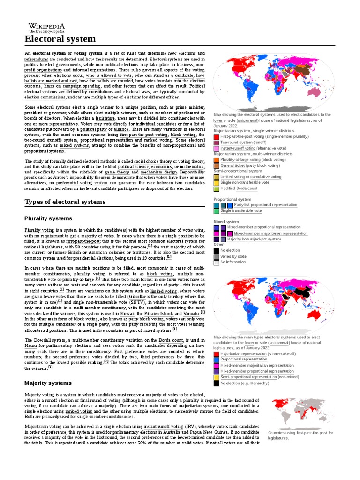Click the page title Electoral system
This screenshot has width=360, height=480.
pos(60,39)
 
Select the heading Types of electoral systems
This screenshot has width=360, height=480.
pos(65,202)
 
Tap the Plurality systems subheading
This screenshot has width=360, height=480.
pos(48,219)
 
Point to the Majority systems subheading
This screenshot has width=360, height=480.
pos(48,383)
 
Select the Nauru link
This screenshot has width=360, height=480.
pos(32,345)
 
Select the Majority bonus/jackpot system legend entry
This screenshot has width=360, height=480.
pos(254,239)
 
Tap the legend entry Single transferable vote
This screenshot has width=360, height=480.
pos(241,211)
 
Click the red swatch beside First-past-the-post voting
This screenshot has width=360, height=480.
pos(216,136)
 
